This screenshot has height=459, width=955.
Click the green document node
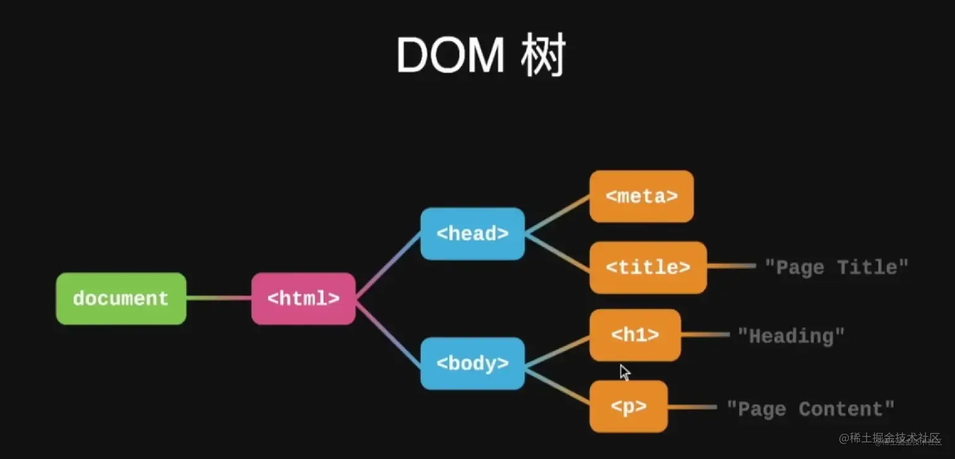click(x=121, y=299)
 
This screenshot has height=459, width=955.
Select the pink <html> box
click(x=303, y=299)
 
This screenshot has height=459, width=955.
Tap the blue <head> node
click(x=472, y=234)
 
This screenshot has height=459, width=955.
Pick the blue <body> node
click(x=472, y=364)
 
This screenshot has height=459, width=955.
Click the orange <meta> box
click(x=642, y=196)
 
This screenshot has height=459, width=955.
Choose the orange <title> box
click(x=648, y=267)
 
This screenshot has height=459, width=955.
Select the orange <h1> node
click(x=635, y=335)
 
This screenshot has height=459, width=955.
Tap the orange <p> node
click(x=628, y=407)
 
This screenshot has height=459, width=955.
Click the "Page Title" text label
click(x=836, y=267)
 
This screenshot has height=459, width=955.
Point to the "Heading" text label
click(x=791, y=336)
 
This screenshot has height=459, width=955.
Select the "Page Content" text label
click(x=810, y=408)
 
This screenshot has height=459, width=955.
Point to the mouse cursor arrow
click(x=624, y=372)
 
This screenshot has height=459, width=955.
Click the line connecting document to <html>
click(x=219, y=298)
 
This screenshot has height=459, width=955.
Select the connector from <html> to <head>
click(x=388, y=265)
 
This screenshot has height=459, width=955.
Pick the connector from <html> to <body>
click(x=388, y=333)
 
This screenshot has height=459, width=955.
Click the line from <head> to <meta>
click(x=557, y=215)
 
